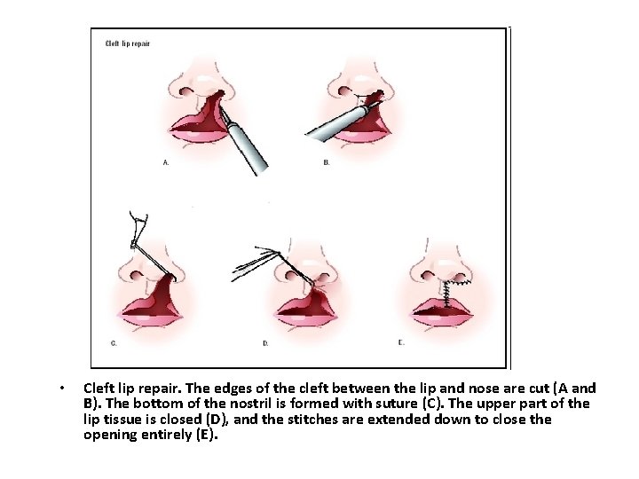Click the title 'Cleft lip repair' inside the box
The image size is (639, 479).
pyautogui.click(x=128, y=43)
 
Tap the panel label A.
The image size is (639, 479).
pyautogui.click(x=166, y=162)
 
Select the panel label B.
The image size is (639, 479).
pyautogui.click(x=326, y=162)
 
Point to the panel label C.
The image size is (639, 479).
pyautogui.click(x=114, y=343)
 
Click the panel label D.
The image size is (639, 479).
pyautogui.click(x=265, y=343)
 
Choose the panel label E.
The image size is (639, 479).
pyautogui.click(x=401, y=342)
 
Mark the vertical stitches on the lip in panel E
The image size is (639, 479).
pyautogui.click(x=446, y=294)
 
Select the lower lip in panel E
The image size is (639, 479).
pyautogui.click(x=443, y=319)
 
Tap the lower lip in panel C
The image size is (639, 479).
pyautogui.click(x=151, y=319)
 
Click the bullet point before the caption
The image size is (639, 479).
pyautogui.click(x=62, y=389)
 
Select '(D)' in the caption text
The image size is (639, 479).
pyautogui.click(x=217, y=420)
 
